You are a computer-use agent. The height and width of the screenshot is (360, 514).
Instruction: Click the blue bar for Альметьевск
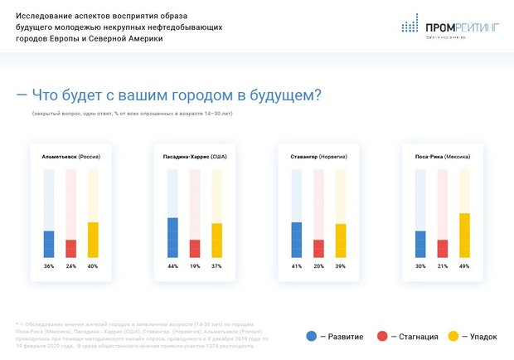(49, 244)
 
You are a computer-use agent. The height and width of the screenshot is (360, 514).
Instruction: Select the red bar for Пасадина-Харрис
(195, 248)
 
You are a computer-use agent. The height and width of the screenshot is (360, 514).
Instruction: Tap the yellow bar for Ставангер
(341, 241)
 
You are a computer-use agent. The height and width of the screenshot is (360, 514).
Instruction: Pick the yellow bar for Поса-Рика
(464, 235)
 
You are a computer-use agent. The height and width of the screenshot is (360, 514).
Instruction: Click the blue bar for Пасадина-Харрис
(172, 237)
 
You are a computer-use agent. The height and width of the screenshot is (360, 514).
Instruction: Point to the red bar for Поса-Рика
(443, 248)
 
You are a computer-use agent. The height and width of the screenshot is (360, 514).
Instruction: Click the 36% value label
(49, 266)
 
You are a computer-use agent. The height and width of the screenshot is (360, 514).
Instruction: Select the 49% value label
(464, 266)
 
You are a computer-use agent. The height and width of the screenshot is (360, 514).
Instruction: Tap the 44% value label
(172, 266)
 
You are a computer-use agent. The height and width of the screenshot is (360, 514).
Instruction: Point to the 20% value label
(318, 266)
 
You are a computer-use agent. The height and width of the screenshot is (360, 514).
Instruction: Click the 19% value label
(195, 266)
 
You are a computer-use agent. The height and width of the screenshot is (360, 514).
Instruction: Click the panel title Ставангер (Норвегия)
(318, 156)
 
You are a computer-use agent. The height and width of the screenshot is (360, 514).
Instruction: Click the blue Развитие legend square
(312, 336)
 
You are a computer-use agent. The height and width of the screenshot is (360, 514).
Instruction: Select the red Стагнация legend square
(382, 336)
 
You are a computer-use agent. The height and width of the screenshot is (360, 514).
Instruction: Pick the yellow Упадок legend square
(453, 336)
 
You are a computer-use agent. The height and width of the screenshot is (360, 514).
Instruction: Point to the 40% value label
(92, 266)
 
